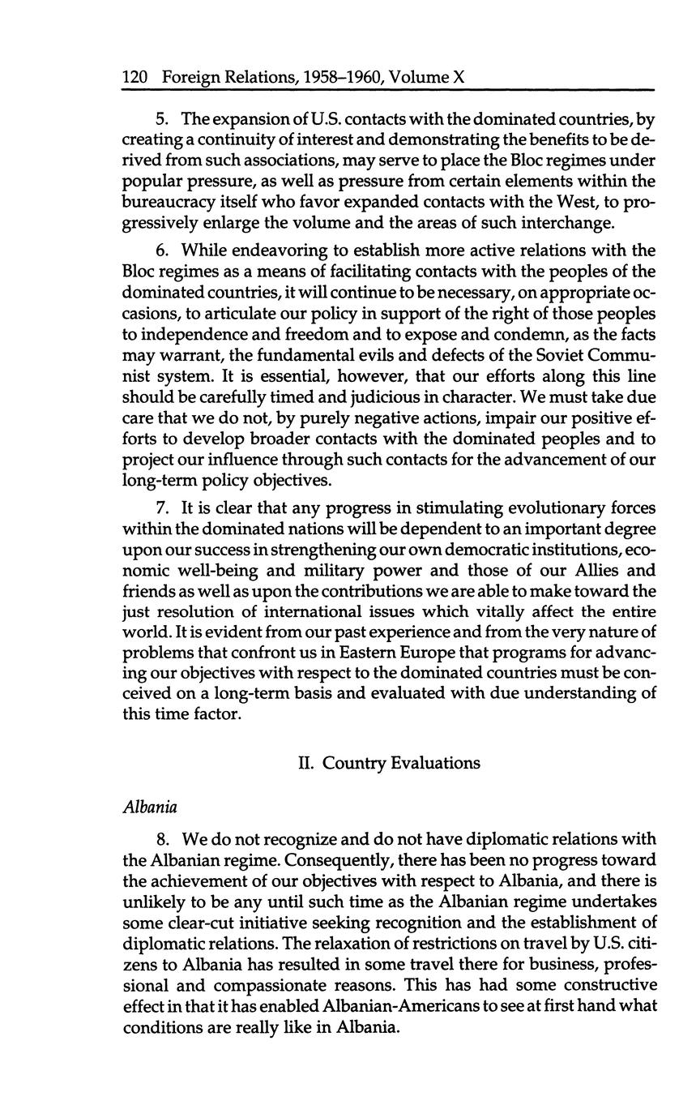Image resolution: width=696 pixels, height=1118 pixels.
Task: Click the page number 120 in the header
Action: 134,78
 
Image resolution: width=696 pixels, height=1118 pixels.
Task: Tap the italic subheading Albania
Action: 150,807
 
